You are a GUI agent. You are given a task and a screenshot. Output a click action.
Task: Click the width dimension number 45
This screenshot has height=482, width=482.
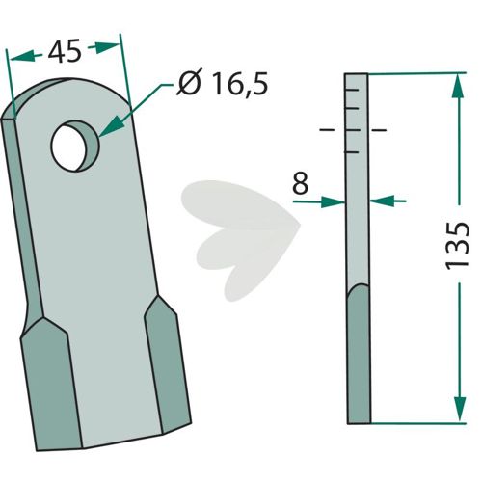(65, 51)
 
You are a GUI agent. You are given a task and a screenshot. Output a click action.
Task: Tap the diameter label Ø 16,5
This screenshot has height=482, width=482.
(222, 84)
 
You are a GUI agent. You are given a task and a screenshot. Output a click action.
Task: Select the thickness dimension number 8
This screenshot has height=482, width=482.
(301, 183)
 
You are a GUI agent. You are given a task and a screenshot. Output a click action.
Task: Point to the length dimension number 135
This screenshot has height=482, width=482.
(458, 245)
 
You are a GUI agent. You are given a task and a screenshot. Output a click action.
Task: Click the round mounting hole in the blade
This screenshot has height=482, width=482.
(75, 146)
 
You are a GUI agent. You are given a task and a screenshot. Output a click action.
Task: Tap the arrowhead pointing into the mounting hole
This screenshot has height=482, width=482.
(112, 127)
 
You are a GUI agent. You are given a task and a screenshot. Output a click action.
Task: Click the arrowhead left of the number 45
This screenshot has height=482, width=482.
(21, 56)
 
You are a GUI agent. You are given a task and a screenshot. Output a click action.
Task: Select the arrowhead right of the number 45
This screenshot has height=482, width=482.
(108, 47)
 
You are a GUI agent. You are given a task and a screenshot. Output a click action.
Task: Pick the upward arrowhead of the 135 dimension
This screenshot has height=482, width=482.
(458, 86)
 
